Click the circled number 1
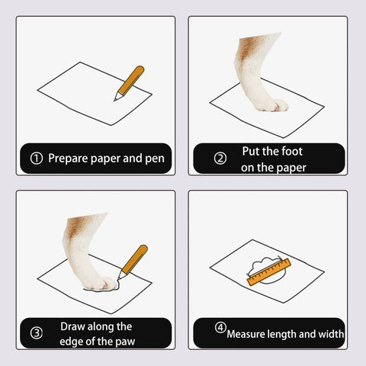[x=37, y=159]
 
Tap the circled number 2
[x=220, y=159]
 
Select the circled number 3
[x=37, y=333]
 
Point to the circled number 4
[x=220, y=327]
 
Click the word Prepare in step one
[x=68, y=159]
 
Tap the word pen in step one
[x=155, y=159]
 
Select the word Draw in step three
[x=72, y=326]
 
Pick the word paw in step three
[x=125, y=342]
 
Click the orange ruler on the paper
[x=269, y=272]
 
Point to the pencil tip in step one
[x=115, y=100]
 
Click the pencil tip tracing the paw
[x=118, y=279]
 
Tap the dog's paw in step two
[x=271, y=105]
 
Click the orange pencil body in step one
[x=131, y=80]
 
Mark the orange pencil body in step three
[x=135, y=259]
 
